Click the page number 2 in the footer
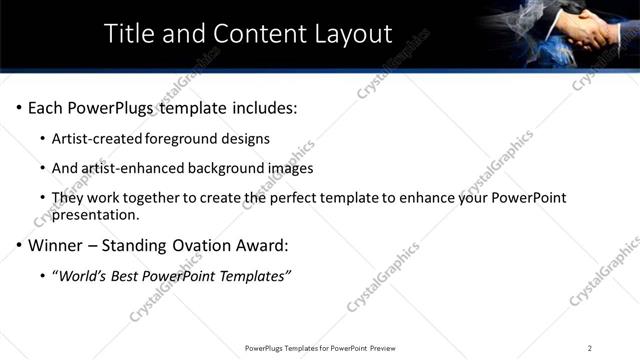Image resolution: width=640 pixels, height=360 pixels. point(590,348)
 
